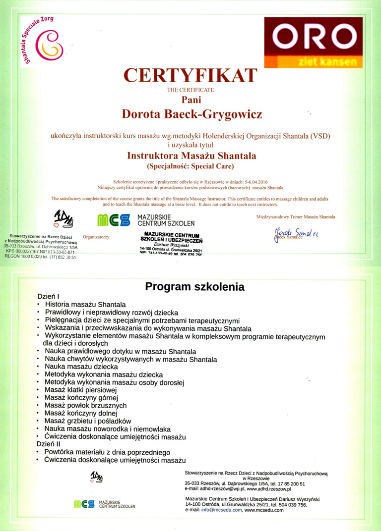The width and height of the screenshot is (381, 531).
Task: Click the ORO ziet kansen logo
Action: pyautogui.click(x=313, y=43)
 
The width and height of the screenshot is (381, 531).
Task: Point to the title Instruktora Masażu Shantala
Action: pyautogui.click(x=191, y=155)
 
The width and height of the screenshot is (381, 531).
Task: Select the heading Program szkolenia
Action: pyautogui.click(x=194, y=286)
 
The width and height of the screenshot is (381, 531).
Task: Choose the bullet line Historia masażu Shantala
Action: pyautogui.click(x=85, y=304)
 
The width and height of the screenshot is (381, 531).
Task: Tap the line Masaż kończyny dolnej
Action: pyautogui.click(x=80, y=413)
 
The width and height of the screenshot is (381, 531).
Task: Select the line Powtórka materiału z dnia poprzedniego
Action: pyautogui.click(x=107, y=452)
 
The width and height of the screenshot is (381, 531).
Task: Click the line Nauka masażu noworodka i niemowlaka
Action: pyautogui.click(x=107, y=428)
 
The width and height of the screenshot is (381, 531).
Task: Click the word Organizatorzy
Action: pyautogui.click(x=96, y=237)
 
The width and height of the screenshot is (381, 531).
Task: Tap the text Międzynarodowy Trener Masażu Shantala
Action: pyautogui.click(x=296, y=216)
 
